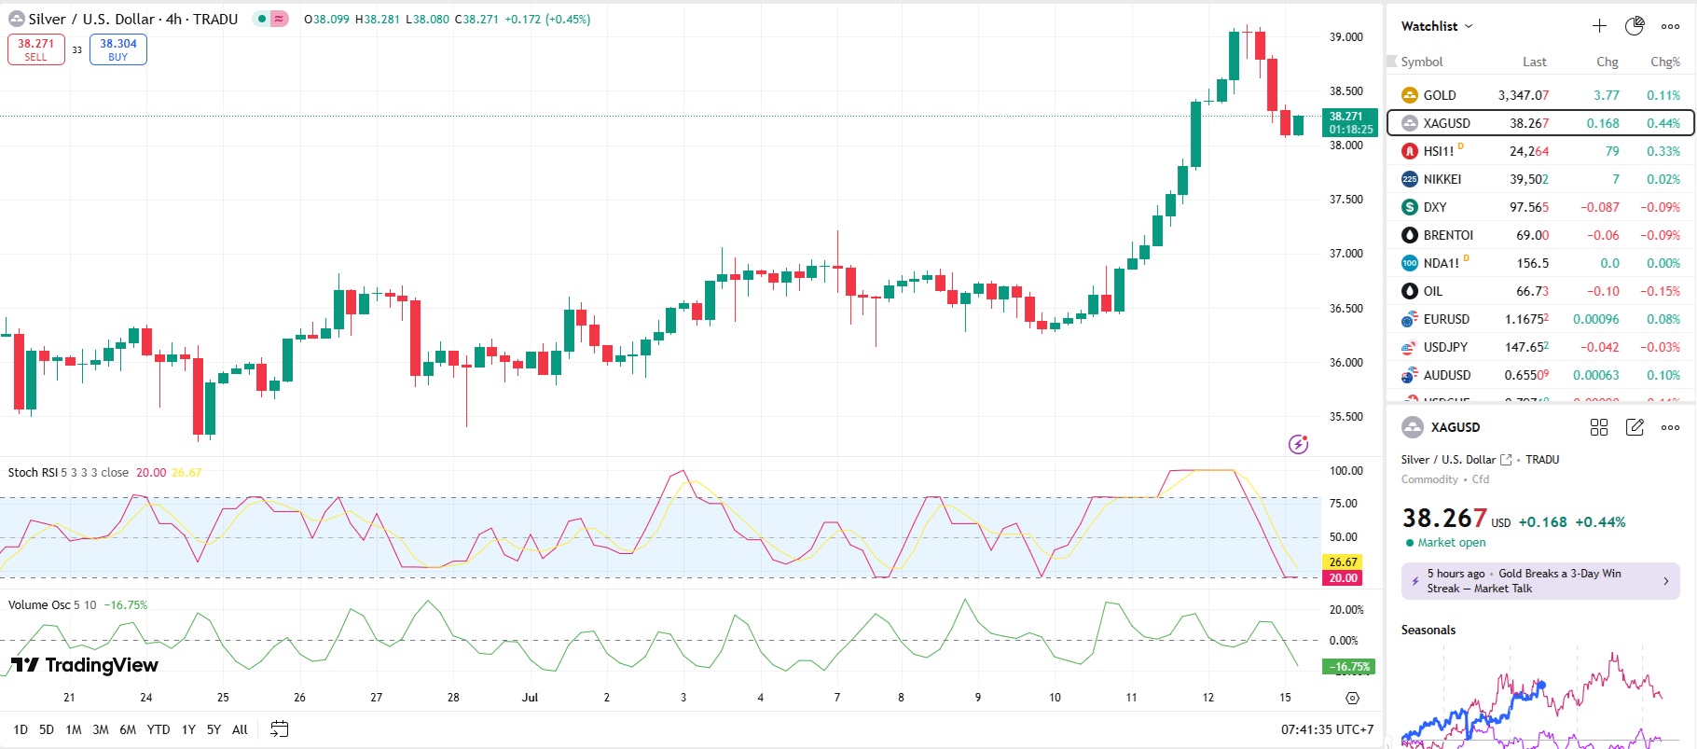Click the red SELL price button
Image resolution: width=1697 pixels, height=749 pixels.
(36, 49)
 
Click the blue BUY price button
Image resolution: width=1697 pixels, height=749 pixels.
(118, 49)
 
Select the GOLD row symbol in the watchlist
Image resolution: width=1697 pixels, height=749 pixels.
(1439, 95)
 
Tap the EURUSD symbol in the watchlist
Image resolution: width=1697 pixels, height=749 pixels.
(1446, 319)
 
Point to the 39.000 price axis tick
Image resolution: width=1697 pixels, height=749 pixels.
(1345, 37)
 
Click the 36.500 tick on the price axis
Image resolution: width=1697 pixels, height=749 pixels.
(1345, 309)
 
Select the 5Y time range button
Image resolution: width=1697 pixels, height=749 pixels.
(214, 729)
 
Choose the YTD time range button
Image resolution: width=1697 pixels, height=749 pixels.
(159, 729)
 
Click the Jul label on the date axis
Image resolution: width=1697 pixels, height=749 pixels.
(530, 698)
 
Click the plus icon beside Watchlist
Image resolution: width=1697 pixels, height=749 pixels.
(1599, 26)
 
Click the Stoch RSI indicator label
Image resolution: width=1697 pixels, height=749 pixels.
(33, 473)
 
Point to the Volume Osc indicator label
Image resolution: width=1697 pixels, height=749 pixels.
(39, 605)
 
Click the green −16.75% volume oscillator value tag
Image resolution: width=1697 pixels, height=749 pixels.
(1348, 667)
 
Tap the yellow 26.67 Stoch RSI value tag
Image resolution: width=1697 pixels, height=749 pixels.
(1343, 562)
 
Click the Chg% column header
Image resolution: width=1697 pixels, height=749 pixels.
(1664, 62)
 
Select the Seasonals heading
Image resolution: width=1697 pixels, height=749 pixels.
(1428, 631)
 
